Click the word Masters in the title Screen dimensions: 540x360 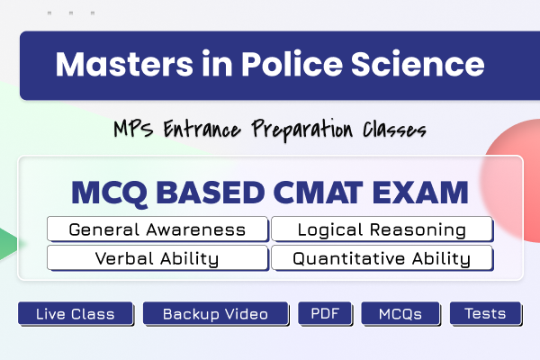click(x=124, y=64)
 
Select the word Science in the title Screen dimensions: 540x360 click(x=418, y=64)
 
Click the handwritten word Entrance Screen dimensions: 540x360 click(x=202, y=129)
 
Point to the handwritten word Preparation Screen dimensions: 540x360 click(x=302, y=130)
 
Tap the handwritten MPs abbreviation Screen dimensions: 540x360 click(x=133, y=129)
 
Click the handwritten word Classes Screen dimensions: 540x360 click(x=395, y=130)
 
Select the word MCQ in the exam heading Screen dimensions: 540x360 click(x=110, y=193)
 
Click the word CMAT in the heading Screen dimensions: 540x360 click(x=319, y=193)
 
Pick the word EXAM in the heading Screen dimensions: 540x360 click(x=420, y=193)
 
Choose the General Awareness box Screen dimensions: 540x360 click(x=157, y=229)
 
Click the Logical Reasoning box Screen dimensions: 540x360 click(x=382, y=229)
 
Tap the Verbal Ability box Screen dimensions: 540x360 click(x=157, y=257)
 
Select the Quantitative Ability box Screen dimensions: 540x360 click(x=382, y=257)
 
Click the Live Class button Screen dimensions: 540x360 click(x=76, y=313)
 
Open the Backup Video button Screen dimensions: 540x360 click(x=216, y=313)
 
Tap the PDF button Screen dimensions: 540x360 click(x=325, y=313)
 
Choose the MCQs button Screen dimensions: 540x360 click(x=400, y=313)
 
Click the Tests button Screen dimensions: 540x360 click(x=486, y=313)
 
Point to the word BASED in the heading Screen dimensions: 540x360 click(x=211, y=193)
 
